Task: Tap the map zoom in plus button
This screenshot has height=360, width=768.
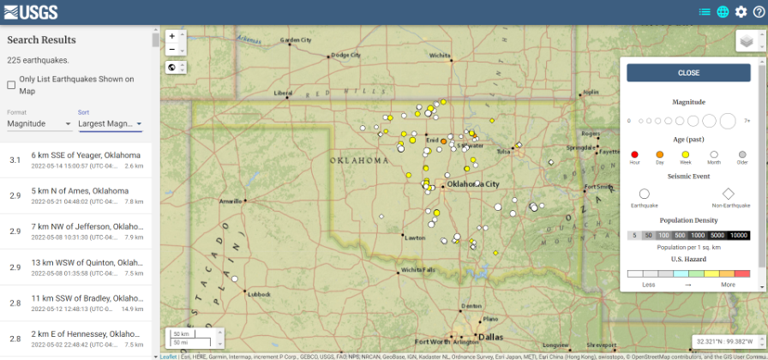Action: (172, 36)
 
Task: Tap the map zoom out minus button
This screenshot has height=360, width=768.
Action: (172, 50)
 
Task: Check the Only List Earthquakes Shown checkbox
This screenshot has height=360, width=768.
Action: (11, 85)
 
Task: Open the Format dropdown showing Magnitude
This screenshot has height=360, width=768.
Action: (39, 123)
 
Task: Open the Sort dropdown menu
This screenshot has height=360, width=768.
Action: (110, 123)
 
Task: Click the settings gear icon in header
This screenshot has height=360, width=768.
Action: (741, 12)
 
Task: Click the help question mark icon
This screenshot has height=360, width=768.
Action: (759, 12)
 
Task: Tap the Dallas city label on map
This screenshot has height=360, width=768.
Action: (491, 337)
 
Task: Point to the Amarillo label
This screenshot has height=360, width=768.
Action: (231, 201)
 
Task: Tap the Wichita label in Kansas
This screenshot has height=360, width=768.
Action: (440, 56)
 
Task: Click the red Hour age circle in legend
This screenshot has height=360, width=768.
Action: (634, 153)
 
